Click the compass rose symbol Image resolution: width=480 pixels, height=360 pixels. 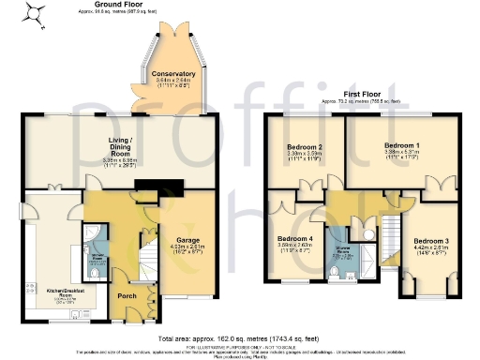[x=34, y=12]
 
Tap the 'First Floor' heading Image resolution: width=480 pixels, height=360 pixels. [x=361, y=94]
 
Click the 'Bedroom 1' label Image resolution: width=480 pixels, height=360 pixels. [x=401, y=147]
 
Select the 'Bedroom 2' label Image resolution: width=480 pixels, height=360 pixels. [x=303, y=148]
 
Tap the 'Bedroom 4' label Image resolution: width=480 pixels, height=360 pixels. [x=295, y=239]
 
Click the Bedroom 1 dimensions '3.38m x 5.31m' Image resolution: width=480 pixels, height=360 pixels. [x=401, y=156]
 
